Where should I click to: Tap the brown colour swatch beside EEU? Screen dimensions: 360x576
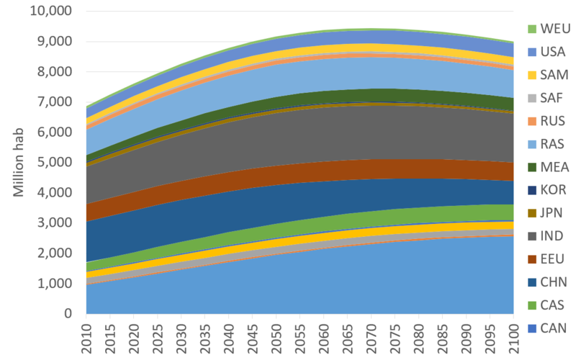click(532, 259)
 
